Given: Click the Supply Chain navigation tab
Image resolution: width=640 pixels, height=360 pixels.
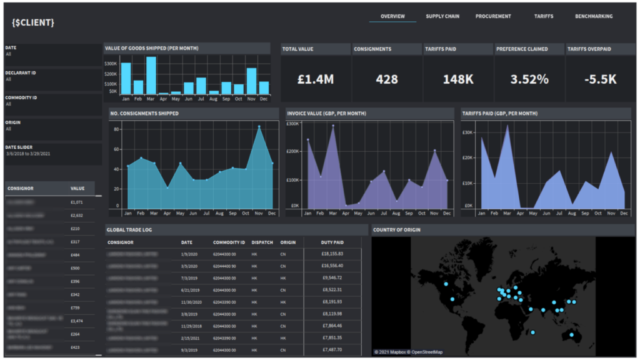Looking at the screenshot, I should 442,16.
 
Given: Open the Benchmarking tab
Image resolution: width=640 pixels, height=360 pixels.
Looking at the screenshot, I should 593,16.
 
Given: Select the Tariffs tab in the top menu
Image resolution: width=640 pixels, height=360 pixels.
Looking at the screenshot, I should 543,16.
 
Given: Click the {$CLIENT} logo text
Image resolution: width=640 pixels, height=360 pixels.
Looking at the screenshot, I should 32,22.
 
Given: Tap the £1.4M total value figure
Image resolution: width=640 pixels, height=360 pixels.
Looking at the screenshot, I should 316,79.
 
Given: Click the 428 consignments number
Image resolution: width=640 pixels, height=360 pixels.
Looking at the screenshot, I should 387,79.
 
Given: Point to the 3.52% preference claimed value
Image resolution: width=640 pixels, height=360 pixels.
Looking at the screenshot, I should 529,79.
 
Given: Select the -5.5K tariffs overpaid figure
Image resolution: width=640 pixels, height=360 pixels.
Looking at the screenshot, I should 600,79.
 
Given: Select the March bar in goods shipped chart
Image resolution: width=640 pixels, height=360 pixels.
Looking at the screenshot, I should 151,76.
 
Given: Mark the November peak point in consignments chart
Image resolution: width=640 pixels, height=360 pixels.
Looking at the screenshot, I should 259,127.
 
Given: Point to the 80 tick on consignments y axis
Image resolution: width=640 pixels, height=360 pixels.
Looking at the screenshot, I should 116,129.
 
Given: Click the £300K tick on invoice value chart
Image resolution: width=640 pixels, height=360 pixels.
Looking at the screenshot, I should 292,124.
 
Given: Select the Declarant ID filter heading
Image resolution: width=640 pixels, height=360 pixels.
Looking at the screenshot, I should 21,73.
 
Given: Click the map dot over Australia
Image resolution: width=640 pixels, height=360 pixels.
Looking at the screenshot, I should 571,336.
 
